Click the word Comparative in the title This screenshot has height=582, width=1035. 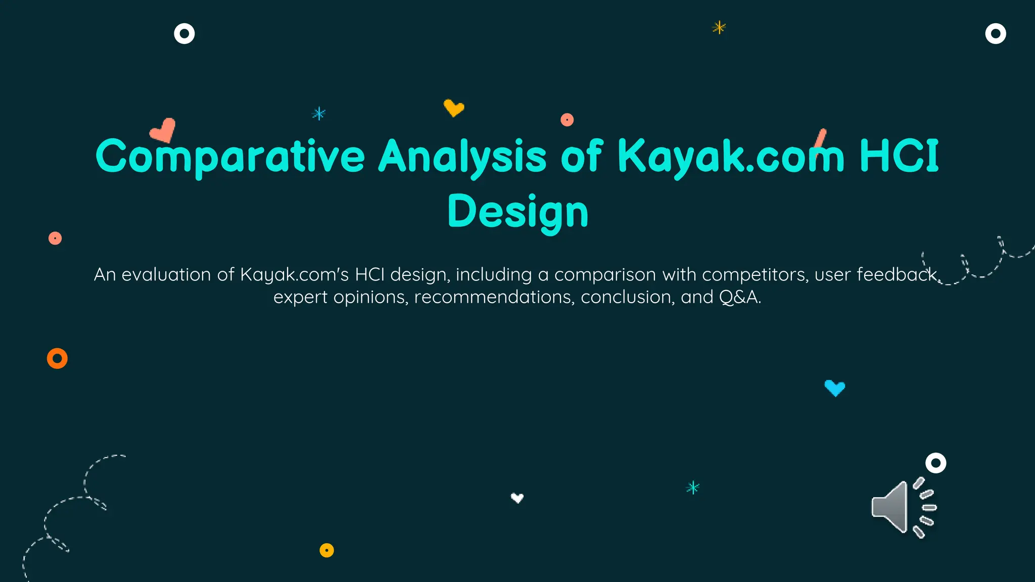(x=230, y=157)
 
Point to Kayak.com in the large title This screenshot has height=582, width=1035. (x=730, y=157)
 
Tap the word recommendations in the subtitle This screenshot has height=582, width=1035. (x=494, y=297)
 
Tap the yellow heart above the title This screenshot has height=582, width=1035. (x=454, y=108)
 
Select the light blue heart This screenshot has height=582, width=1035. (x=835, y=388)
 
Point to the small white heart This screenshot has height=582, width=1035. (x=517, y=498)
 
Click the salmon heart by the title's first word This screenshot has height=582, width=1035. (x=163, y=130)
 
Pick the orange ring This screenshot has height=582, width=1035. (x=57, y=359)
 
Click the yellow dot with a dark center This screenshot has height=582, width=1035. (x=327, y=550)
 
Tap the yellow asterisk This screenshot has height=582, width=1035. (x=719, y=27)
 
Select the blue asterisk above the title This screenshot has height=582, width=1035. (x=319, y=114)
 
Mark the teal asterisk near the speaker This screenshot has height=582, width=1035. (x=693, y=488)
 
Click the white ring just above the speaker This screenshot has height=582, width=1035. (x=935, y=463)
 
